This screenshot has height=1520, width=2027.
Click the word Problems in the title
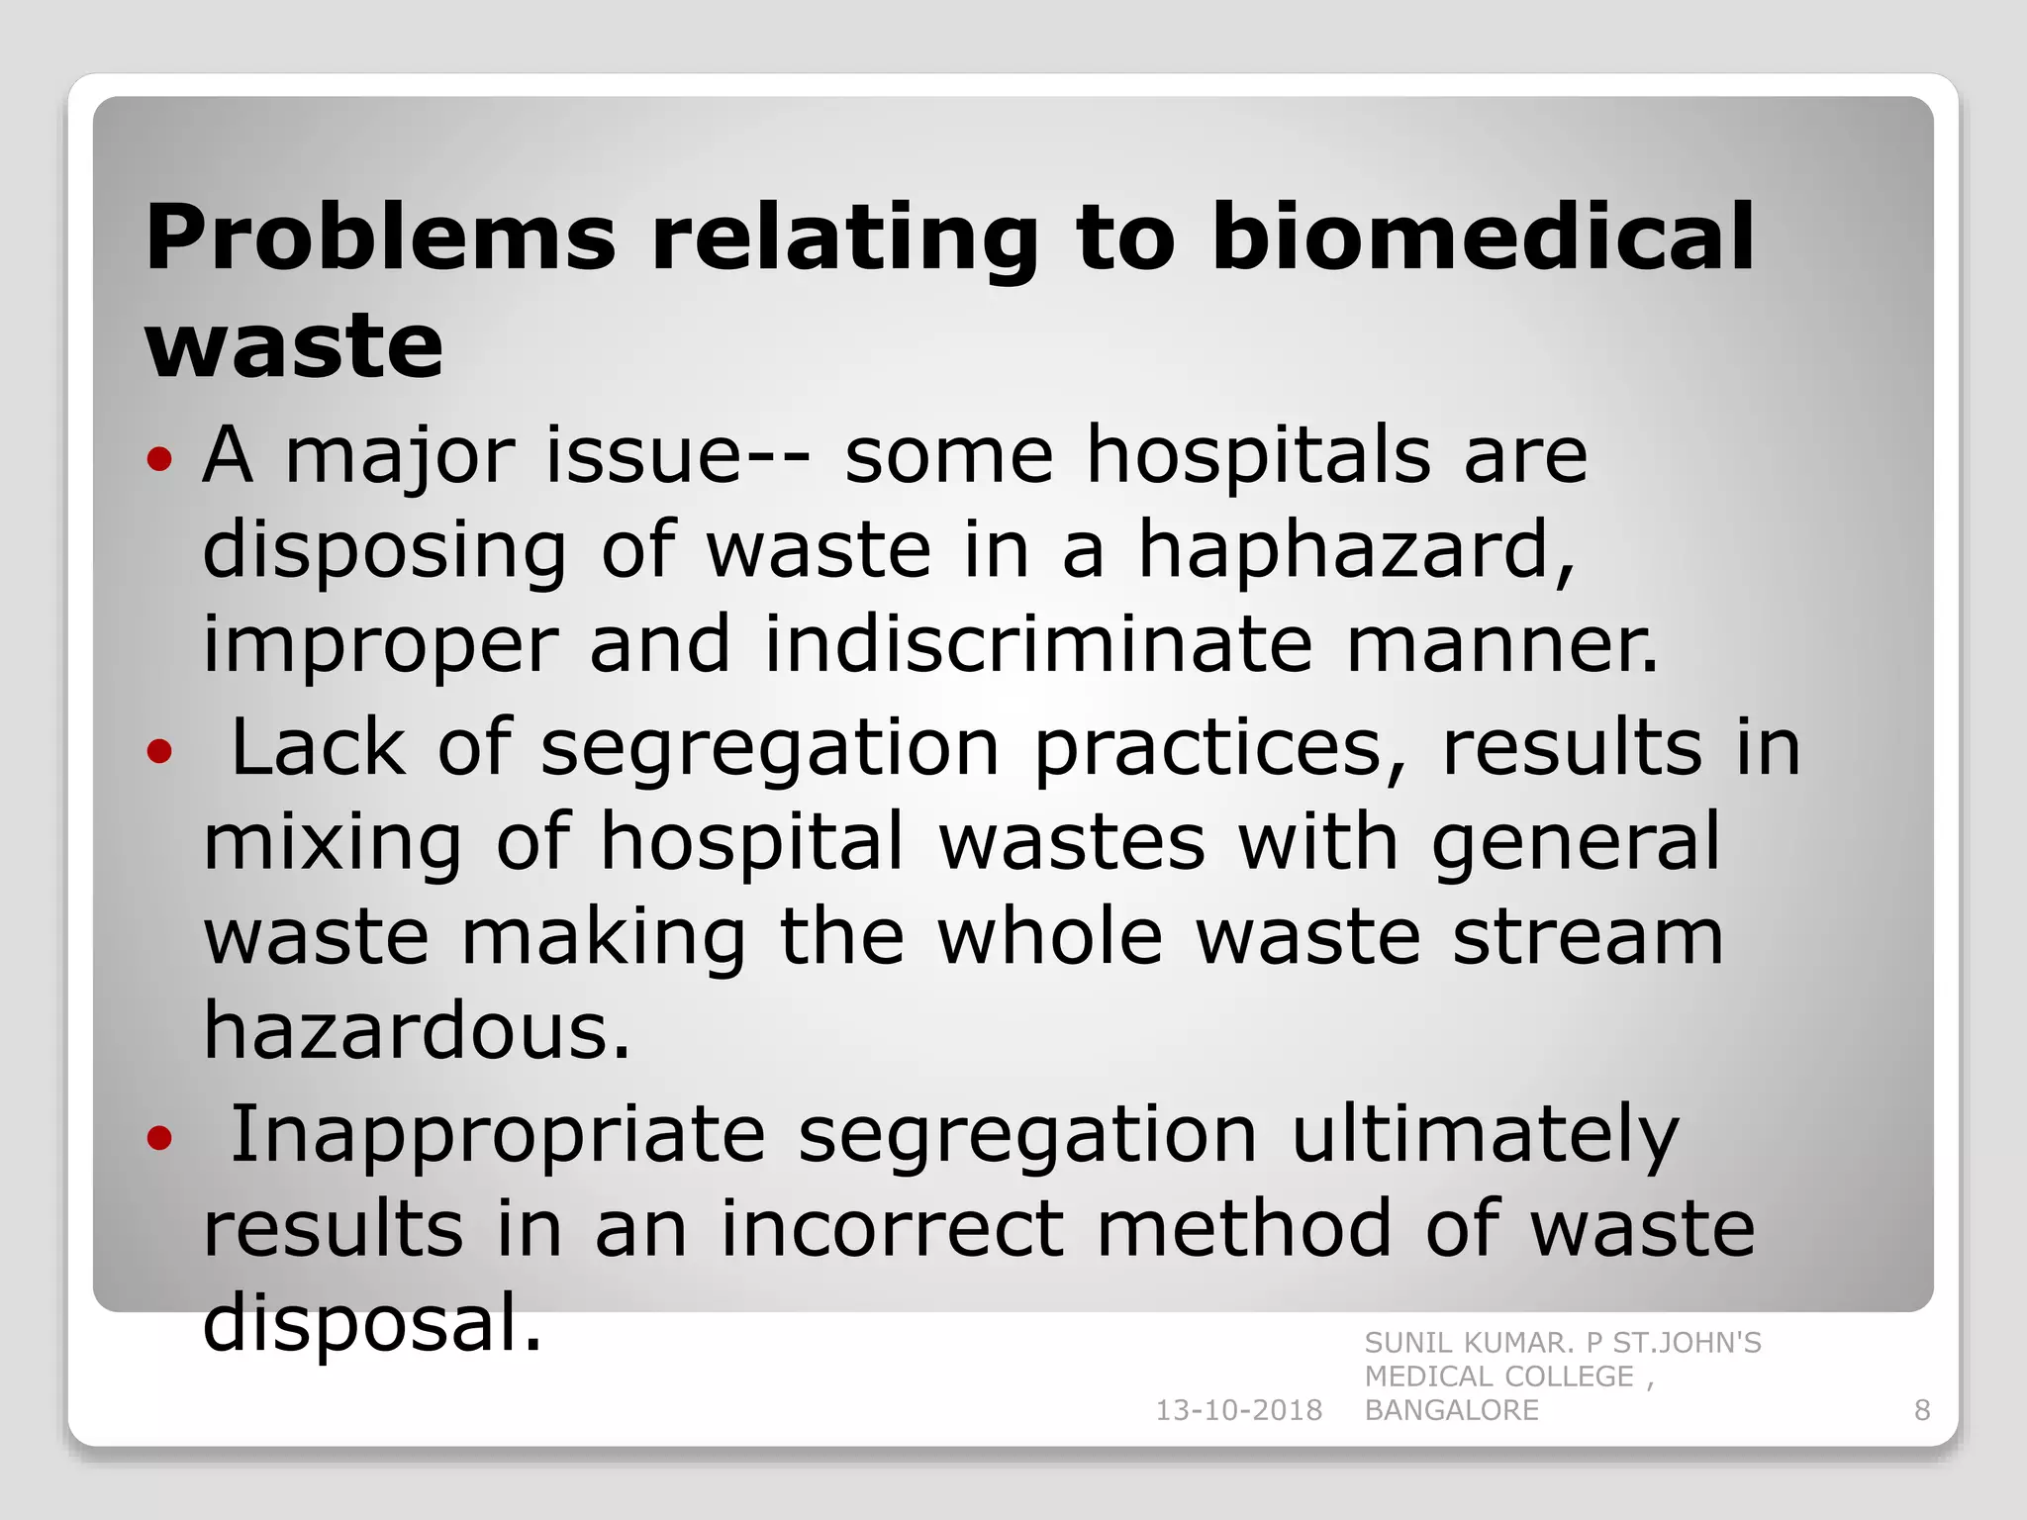coord(381,237)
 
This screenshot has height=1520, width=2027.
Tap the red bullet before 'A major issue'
coord(159,459)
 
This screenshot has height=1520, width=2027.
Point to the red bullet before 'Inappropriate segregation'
coord(159,1139)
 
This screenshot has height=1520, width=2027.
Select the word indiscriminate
coord(1038,644)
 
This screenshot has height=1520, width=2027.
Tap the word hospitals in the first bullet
coord(1258,456)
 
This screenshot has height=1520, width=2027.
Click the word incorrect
coord(891,1229)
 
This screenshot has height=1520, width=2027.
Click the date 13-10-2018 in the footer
coord(1238,1410)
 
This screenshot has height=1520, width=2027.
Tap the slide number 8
coord(1922,1410)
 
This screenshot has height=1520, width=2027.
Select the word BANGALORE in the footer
coord(1451,1410)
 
